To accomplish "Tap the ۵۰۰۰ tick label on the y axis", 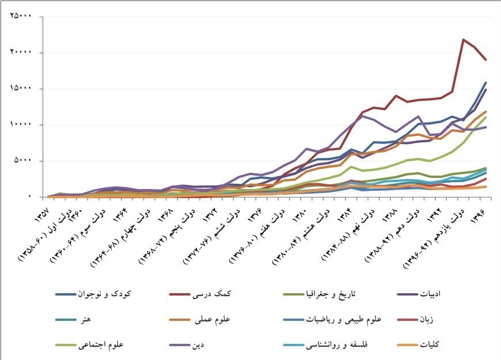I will [24, 161].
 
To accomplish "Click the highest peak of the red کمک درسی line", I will [464, 40].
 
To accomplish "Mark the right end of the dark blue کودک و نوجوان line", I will [486, 83].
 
